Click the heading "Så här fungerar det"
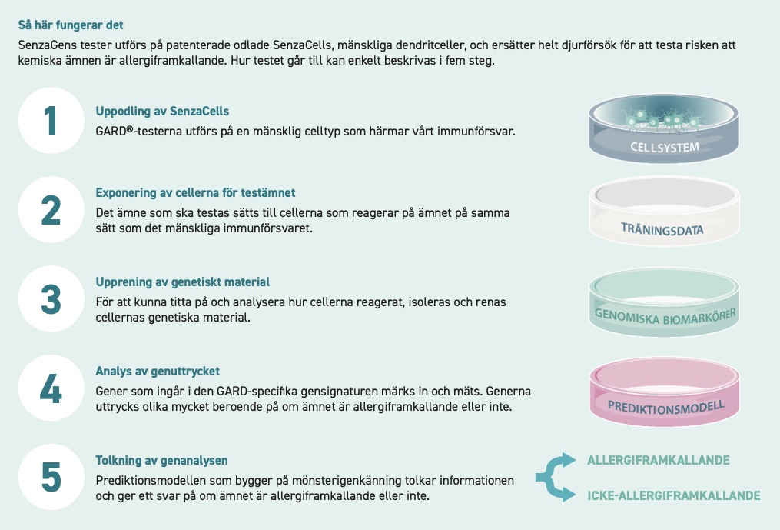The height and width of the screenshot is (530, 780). coord(71,25)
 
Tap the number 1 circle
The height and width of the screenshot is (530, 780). coord(51,121)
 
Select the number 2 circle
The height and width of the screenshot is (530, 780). coord(51,210)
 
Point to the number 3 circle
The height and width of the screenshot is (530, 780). coord(51,299)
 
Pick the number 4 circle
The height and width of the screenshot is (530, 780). coord(51,388)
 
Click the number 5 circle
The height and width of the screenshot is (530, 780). coord(51,477)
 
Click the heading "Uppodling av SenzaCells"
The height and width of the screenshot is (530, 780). coord(162,111)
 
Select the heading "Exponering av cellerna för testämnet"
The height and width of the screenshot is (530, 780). coord(195,193)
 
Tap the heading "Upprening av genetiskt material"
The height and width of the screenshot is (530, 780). coord(183,282)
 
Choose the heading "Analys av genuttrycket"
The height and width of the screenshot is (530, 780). coord(158,371)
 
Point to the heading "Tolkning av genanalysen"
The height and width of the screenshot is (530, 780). coord(161,460)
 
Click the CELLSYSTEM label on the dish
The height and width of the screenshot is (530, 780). coord(665,147)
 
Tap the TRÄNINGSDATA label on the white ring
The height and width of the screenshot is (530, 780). coord(662,229)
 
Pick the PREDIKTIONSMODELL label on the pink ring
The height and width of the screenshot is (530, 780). coord(665,408)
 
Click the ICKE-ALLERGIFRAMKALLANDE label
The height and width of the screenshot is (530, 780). coord(673,495)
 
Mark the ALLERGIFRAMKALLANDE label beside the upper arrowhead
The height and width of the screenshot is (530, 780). coord(658,460)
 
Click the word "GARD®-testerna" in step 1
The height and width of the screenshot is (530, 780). coord(132,132)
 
